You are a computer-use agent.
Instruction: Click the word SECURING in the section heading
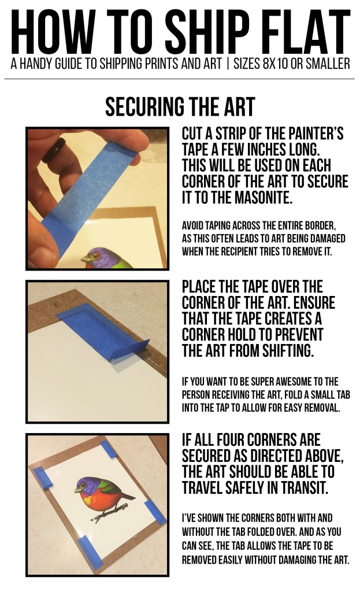pyautogui.click(x=142, y=107)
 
